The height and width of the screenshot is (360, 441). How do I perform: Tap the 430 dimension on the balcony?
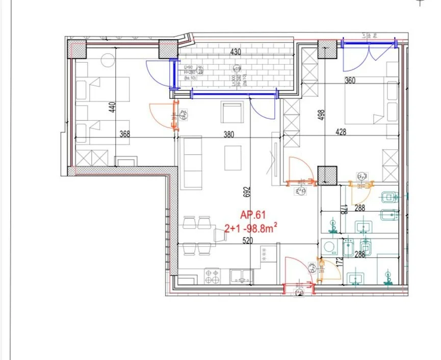pyautogui.click(x=236, y=52)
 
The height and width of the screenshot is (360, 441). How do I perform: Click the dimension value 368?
pyautogui.click(x=124, y=135)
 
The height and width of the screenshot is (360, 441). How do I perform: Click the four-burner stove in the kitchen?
pyautogui.click(x=212, y=276)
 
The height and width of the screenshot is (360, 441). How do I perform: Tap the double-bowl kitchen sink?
pyautogui.click(x=241, y=276)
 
